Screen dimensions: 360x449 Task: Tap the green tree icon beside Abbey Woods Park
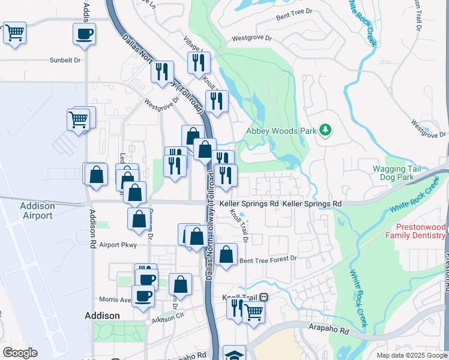[x=325, y=130]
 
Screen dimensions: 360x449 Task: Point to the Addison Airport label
[x=37, y=210]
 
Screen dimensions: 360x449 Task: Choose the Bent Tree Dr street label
[x=295, y=11]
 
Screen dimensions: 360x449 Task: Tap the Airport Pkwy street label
[x=118, y=245]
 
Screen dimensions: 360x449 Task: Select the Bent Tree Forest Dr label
[x=268, y=260]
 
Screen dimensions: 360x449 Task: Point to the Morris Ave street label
[x=115, y=299]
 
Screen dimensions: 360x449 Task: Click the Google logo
[x=20, y=353]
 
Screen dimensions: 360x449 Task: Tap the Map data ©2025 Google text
[x=411, y=355]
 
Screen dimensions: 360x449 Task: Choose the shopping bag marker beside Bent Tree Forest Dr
[x=226, y=254]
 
